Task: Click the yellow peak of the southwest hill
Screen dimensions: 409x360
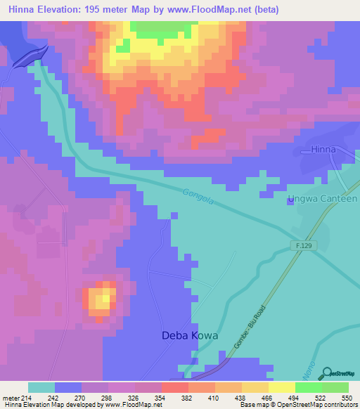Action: [103, 299]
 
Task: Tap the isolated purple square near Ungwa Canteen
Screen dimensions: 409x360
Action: [290, 202]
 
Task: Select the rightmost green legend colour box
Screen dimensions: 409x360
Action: [335, 387]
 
